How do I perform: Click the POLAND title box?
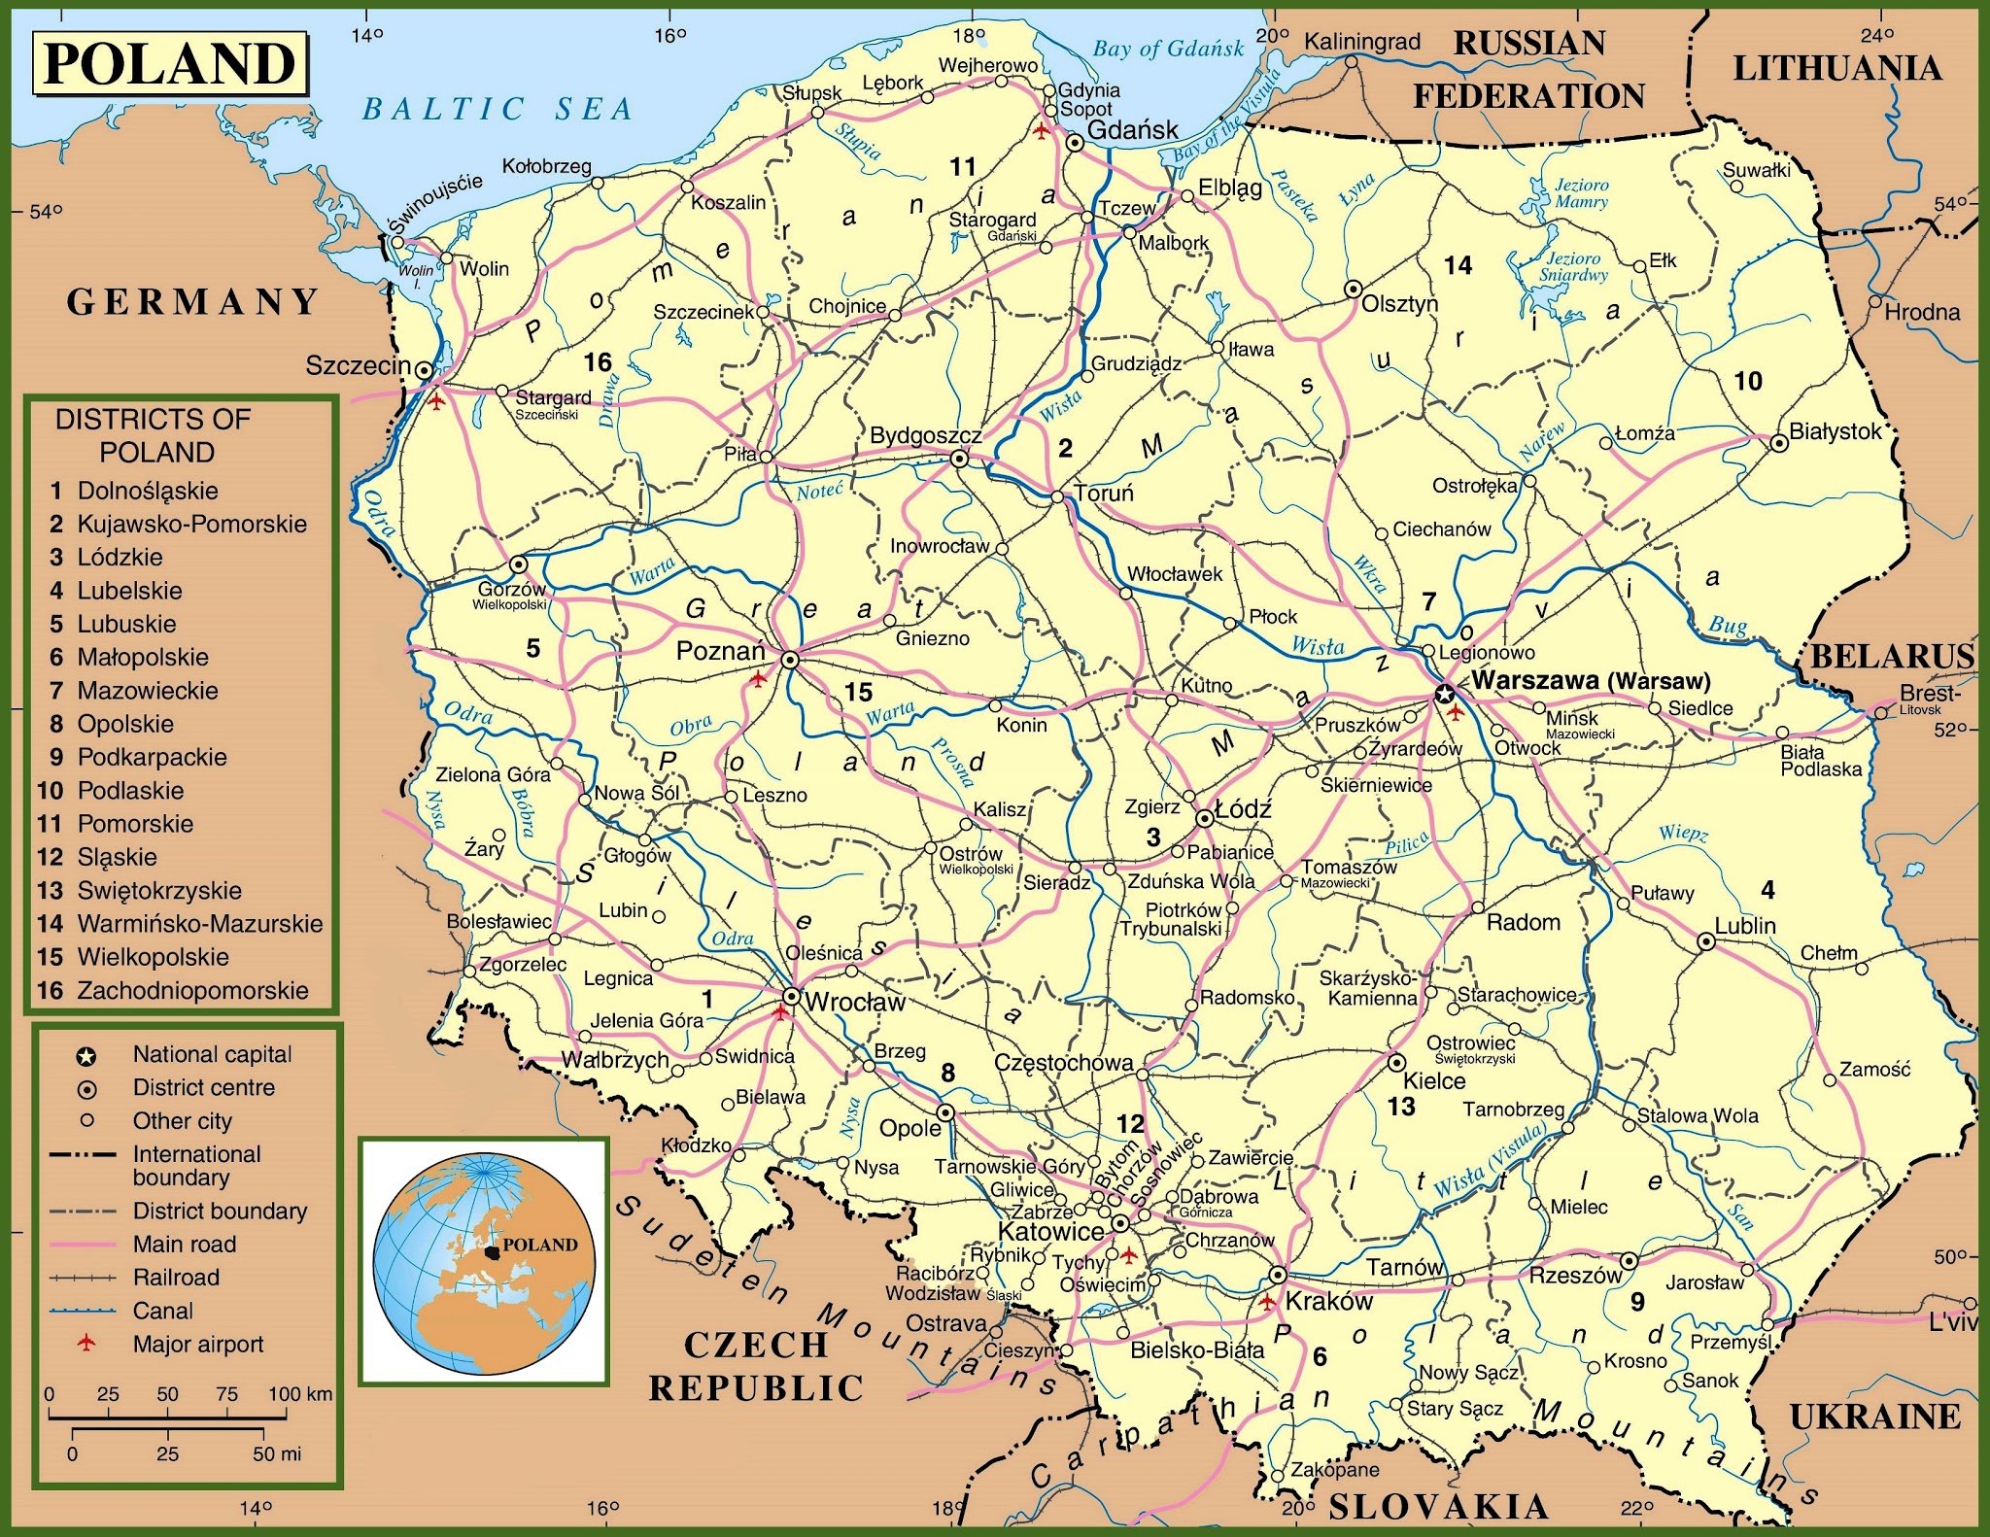point(170,64)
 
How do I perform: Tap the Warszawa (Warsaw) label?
point(1591,681)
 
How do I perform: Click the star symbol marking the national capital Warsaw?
point(1444,694)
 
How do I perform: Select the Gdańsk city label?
point(1132,129)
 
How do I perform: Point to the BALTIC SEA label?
point(497,109)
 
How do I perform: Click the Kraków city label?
point(1328,1301)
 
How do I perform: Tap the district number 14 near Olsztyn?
point(1458,265)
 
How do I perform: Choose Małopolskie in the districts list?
point(143,658)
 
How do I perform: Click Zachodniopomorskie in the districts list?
point(192,991)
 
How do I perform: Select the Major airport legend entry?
point(197,1345)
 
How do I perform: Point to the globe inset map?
point(484,1261)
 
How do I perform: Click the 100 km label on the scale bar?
point(300,1394)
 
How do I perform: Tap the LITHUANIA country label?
point(1837,68)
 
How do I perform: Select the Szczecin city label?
point(359,365)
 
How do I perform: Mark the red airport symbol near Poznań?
point(758,678)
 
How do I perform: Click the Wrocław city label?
point(855,1002)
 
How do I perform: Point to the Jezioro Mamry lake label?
point(1581,193)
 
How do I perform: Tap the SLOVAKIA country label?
point(1438,1507)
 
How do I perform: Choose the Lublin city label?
point(1744,926)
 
